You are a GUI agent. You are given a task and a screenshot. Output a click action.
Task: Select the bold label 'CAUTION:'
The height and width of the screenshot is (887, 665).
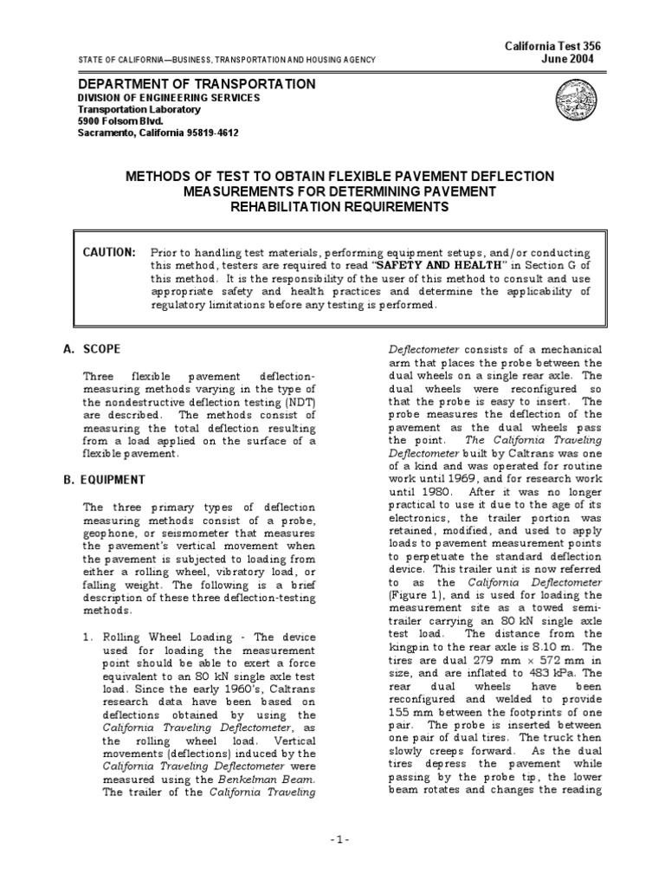pyautogui.click(x=109, y=251)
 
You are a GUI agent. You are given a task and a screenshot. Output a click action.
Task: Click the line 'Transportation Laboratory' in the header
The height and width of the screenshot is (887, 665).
pyautogui.click(x=139, y=110)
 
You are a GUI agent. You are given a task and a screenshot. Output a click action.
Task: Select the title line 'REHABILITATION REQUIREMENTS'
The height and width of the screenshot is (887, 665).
pyautogui.click(x=339, y=207)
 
